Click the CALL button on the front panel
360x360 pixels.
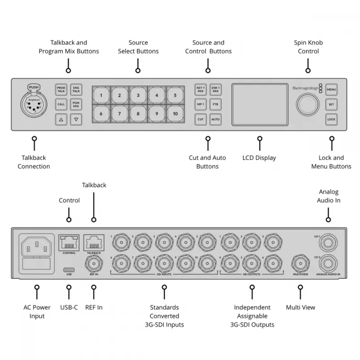pos(61,104)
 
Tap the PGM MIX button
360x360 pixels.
pos(76,104)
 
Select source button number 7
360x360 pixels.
pos(120,114)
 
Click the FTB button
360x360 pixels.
pos(215,104)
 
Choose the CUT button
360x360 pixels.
pos(201,119)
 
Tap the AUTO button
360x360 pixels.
pos(215,119)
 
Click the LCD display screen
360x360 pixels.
pos(260,104)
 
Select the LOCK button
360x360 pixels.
pos(332,119)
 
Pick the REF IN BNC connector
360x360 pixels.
pos(94,264)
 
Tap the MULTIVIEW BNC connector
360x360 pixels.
pos(300,264)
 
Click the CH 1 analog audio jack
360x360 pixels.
pos(328,242)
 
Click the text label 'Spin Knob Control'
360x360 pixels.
pos(308,47)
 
